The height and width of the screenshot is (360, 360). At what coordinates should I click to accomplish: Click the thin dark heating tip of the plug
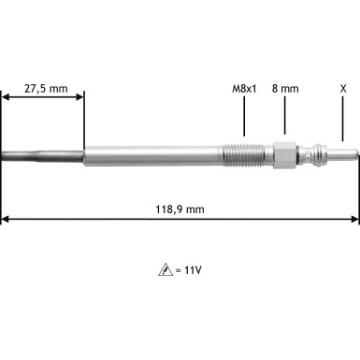pyautogui.click(x=37, y=153)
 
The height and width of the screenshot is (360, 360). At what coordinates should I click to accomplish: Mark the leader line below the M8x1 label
pyautogui.click(x=244, y=117)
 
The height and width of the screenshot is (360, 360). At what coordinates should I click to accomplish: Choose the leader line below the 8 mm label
pyautogui.click(x=285, y=117)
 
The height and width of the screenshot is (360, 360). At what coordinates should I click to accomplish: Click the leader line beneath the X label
pyautogui.click(x=343, y=117)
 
